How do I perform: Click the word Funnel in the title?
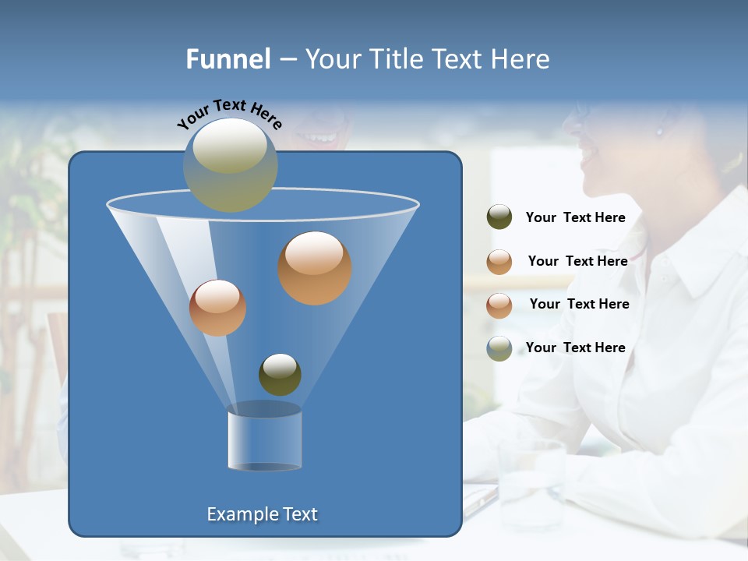[228, 59]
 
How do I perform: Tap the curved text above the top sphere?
[230, 114]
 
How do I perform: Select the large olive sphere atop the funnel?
[231, 164]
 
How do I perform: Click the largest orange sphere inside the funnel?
[315, 267]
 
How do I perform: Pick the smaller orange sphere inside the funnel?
[217, 308]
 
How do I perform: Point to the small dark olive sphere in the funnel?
[280, 374]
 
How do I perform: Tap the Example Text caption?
[263, 514]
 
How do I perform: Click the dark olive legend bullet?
[499, 217]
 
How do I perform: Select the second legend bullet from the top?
[499, 261]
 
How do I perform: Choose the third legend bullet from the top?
[499, 305]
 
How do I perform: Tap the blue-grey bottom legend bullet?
[499, 348]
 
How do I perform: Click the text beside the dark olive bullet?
[575, 217]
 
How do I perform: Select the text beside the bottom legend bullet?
[575, 348]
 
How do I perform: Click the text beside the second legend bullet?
[577, 261]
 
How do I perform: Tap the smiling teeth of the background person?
[319, 139]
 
